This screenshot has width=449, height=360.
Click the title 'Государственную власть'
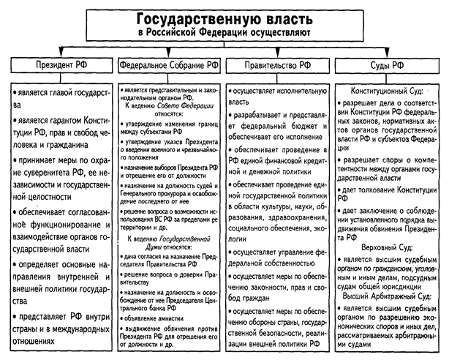224,18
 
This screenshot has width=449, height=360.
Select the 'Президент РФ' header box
59,66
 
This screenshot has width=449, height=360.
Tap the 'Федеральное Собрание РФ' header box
169,66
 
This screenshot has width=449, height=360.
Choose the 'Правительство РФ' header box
279,66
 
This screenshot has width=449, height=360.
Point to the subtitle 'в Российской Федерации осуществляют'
224,34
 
